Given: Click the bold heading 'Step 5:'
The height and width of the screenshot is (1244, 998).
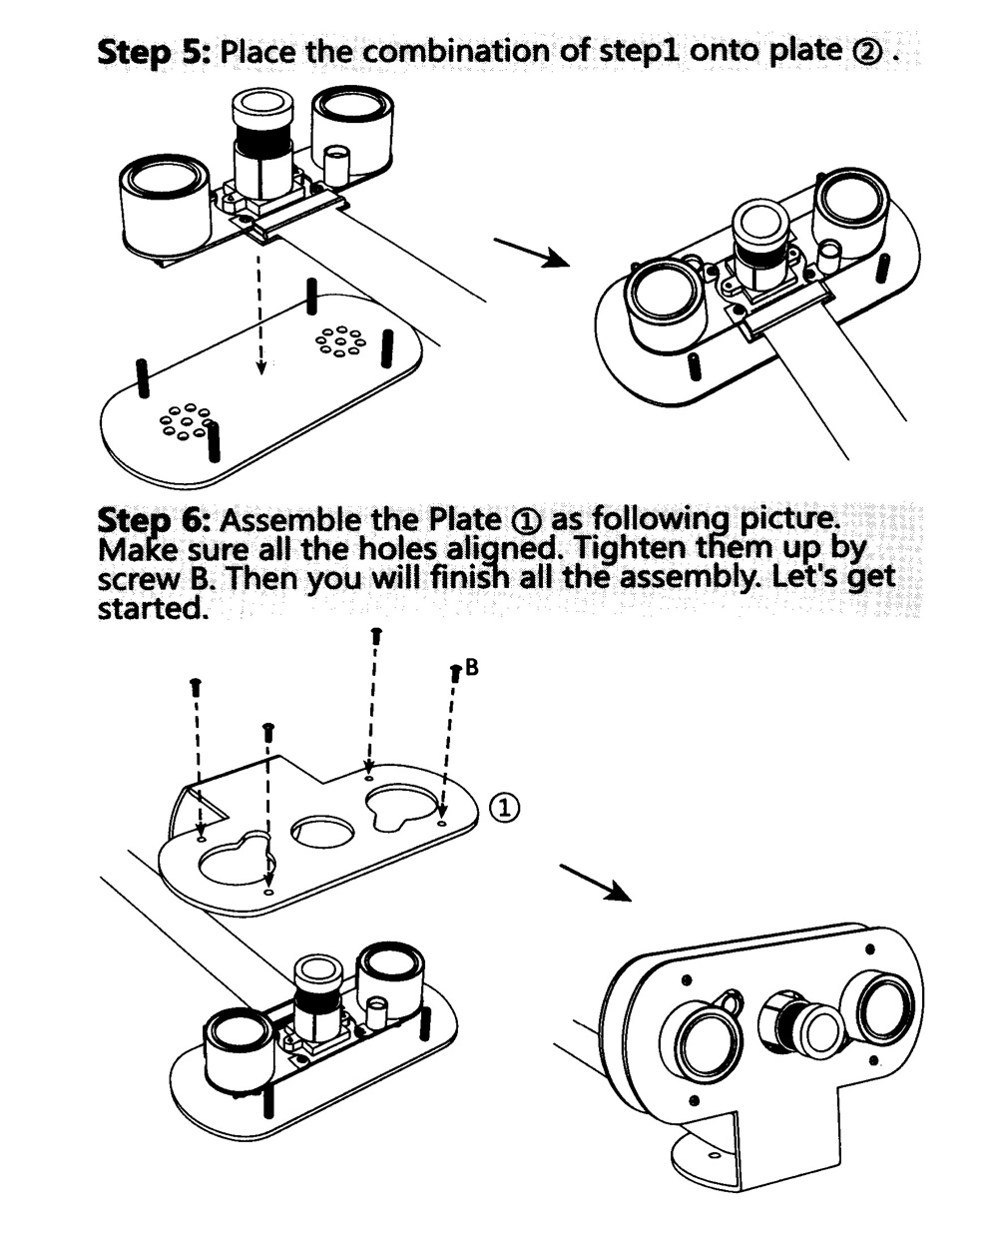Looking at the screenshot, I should point(153,51).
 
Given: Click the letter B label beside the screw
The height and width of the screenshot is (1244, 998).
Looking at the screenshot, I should point(472,668).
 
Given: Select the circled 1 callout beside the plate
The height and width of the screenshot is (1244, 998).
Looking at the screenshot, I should point(506,807).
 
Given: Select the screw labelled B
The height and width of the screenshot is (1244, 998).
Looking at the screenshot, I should point(455,676).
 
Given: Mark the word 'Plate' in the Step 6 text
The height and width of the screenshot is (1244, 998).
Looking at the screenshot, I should point(463,520).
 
